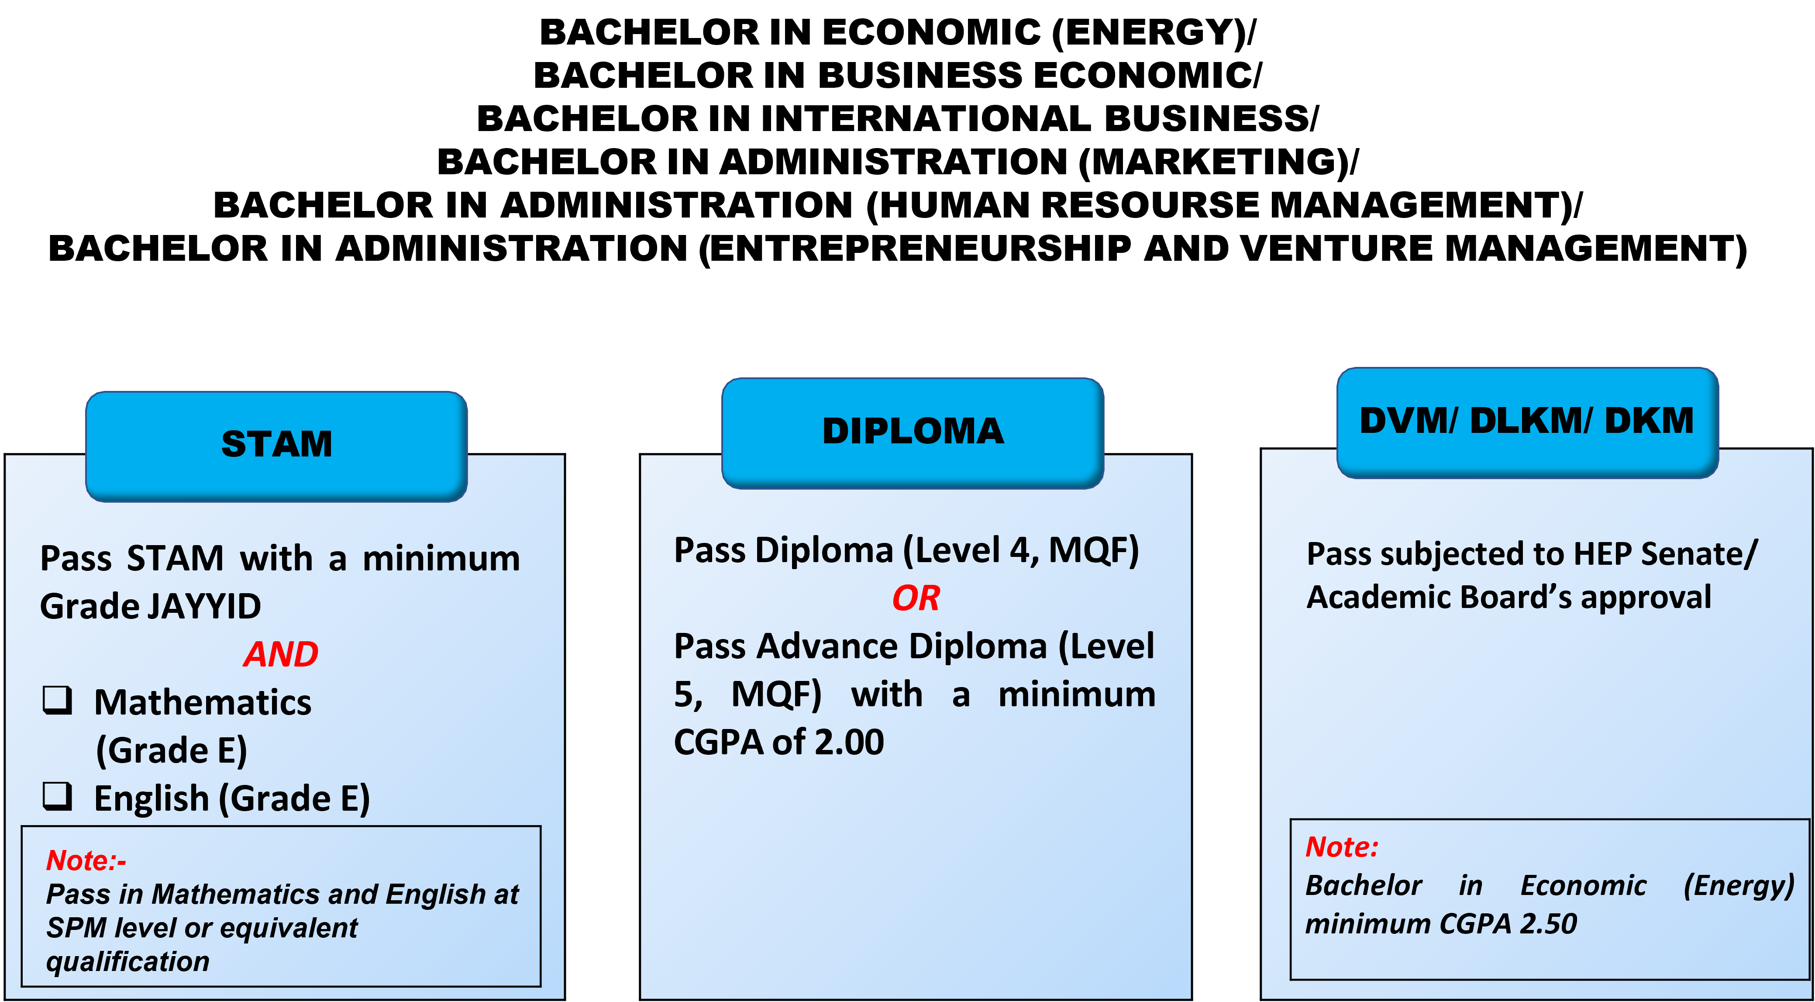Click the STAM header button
276,446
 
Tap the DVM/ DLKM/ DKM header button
1527,422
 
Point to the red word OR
915,599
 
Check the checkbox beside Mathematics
58,701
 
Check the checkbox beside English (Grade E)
58,796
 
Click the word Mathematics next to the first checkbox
203,702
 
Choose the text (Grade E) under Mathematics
171,750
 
